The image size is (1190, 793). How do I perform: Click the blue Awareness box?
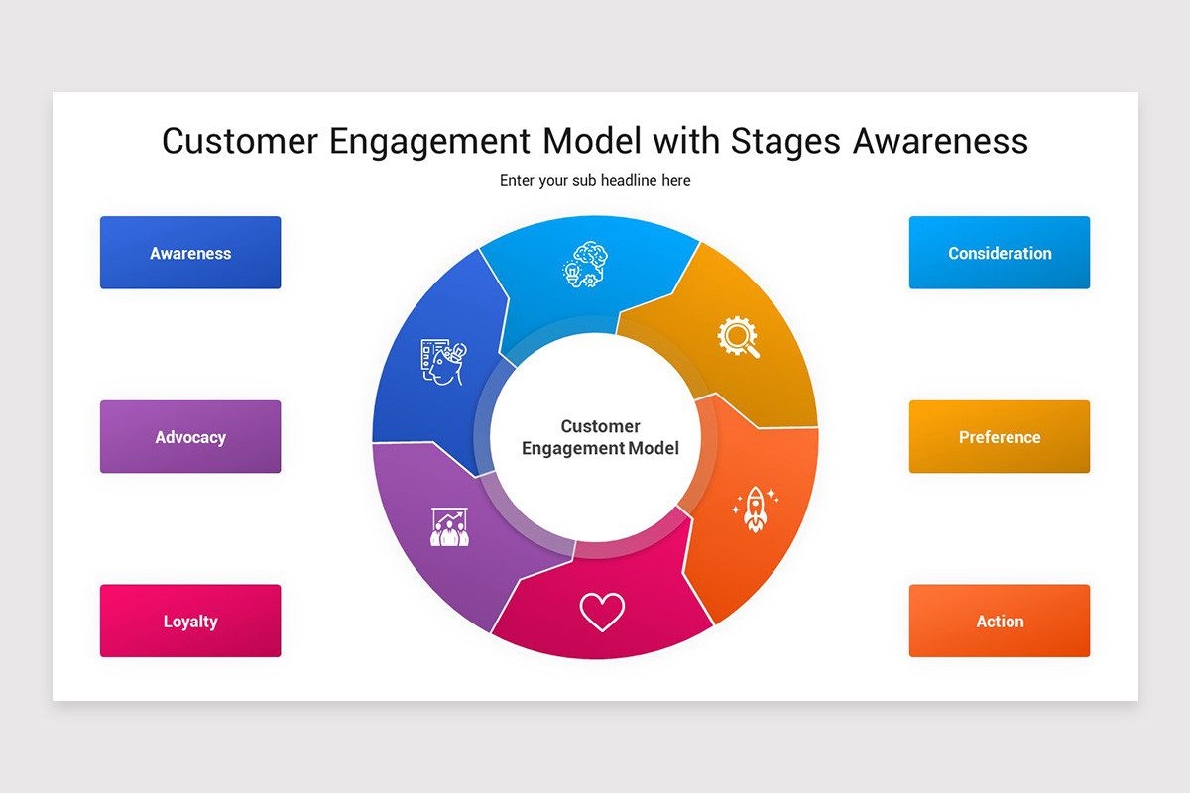click(190, 253)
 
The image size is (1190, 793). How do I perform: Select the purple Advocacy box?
click(190, 437)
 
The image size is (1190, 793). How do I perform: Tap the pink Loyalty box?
click(190, 622)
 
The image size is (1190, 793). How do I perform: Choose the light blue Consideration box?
click(999, 253)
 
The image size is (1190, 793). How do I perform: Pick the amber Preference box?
click(999, 437)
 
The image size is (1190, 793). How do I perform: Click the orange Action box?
click(999, 622)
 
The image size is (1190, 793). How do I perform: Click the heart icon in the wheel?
click(602, 612)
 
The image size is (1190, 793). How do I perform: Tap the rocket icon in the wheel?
click(755, 509)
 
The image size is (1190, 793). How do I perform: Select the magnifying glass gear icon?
click(739, 336)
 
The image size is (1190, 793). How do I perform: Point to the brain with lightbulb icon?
click(585, 265)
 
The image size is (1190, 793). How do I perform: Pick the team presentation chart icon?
click(449, 526)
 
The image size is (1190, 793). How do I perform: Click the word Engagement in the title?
click(431, 142)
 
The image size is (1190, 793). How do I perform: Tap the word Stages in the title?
click(785, 142)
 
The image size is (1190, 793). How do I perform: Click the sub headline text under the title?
click(595, 181)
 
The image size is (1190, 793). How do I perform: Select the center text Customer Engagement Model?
click(600, 437)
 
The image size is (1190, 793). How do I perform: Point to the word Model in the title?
click(592, 142)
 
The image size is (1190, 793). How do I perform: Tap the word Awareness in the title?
click(940, 142)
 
